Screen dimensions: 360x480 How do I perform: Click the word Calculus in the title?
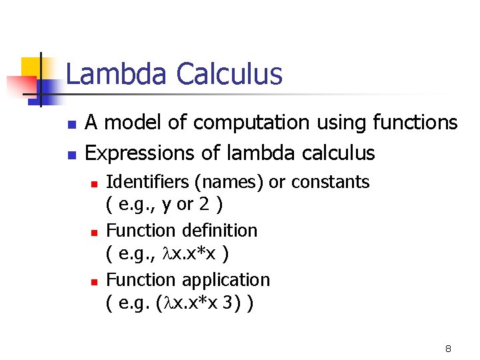(x=229, y=74)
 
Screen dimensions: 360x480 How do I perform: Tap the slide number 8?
(x=448, y=349)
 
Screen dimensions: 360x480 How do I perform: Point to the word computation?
(x=251, y=123)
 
